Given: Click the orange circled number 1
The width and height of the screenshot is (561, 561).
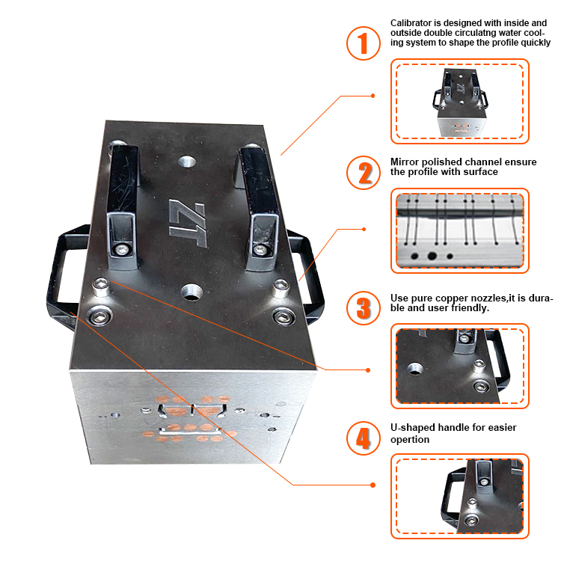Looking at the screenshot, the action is click(x=363, y=43).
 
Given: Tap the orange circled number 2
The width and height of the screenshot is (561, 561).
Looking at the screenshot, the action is click(x=363, y=173).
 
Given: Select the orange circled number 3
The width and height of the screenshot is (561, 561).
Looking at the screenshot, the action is click(x=363, y=308).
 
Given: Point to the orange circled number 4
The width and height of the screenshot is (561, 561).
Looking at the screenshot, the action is click(x=363, y=438).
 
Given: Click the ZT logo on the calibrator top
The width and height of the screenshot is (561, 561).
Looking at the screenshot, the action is click(x=188, y=223).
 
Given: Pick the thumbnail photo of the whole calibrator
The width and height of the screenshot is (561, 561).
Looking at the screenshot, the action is click(x=460, y=101).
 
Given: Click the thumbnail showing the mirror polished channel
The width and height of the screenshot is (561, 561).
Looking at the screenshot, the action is click(x=460, y=231).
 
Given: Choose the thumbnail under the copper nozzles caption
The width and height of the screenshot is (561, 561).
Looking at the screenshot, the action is click(x=460, y=366).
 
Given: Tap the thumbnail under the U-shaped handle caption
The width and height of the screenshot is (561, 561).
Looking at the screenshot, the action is click(x=460, y=496).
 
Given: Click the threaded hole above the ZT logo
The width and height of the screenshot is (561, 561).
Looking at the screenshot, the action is click(x=187, y=162).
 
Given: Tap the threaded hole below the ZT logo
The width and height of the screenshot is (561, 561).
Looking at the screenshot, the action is click(x=192, y=292).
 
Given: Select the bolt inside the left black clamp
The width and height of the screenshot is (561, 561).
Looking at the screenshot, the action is click(x=122, y=249).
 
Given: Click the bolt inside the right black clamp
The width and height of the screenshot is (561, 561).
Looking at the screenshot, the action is click(x=259, y=249).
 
